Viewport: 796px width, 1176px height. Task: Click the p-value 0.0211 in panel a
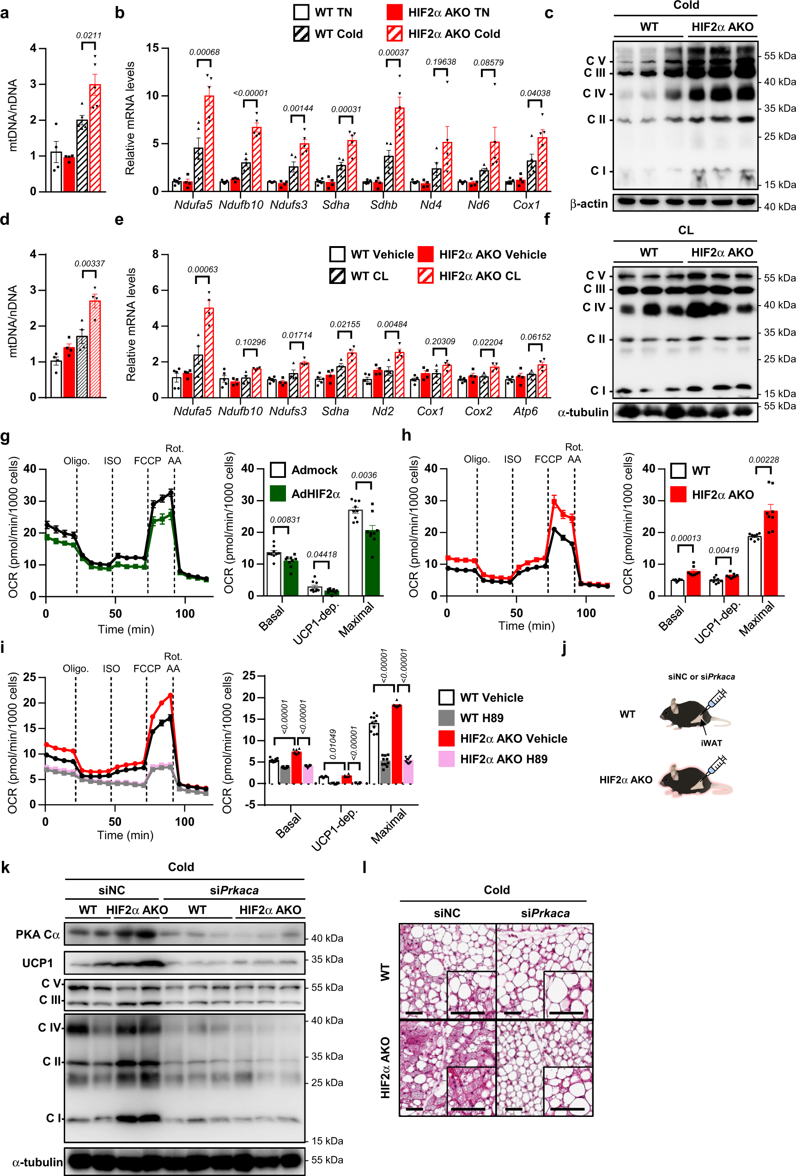pos(89,36)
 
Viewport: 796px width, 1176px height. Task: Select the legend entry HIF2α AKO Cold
pos(453,34)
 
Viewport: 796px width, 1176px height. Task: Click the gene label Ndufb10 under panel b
pos(241,205)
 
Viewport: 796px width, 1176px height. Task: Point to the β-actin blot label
pos(589,204)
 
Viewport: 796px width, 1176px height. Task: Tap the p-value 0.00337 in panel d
pos(89,264)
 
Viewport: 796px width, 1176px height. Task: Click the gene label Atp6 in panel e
pos(525,411)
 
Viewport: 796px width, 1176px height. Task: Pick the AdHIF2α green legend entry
pos(315,494)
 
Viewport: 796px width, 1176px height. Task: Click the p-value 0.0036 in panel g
pos(364,475)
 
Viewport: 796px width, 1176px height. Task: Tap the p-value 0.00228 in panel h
pos(764,460)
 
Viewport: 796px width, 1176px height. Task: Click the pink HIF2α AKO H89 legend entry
pos(503,759)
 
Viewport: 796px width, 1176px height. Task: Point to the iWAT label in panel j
pos(711,743)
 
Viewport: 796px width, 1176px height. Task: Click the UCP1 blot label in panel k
pos(37,963)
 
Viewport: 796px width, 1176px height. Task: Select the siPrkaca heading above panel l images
pos(545,913)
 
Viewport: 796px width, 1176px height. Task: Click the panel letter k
pos(6,868)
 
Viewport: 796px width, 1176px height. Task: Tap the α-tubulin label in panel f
pos(583,412)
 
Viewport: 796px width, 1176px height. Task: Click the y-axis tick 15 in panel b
pos(152,48)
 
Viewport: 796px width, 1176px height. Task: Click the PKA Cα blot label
pos(38,934)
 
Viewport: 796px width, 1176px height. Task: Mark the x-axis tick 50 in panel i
pos(115,822)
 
